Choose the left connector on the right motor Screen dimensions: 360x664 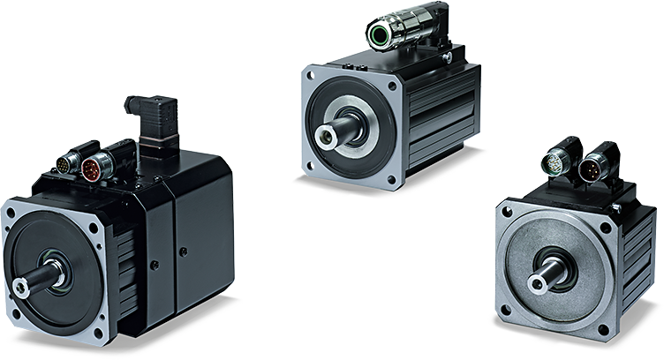(x=558, y=163)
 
